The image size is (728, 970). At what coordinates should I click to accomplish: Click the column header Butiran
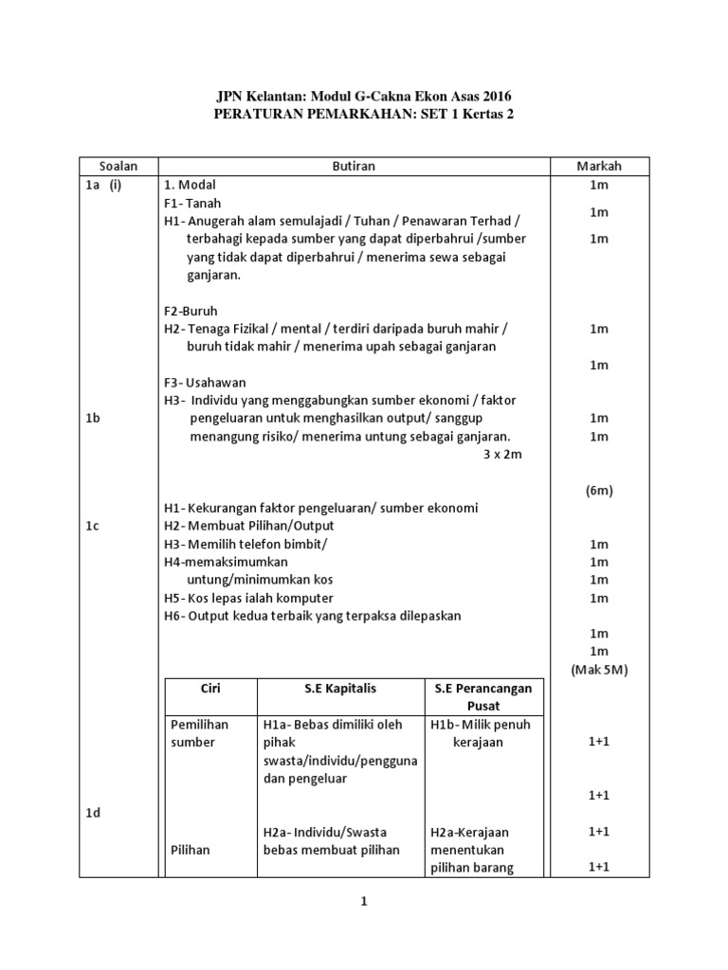(355, 167)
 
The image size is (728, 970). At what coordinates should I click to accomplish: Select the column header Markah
(599, 167)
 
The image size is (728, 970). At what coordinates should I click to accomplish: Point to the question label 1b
(93, 418)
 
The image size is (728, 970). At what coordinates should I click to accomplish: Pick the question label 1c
(93, 526)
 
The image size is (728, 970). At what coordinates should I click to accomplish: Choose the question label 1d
(93, 814)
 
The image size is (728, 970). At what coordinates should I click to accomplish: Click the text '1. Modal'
(191, 186)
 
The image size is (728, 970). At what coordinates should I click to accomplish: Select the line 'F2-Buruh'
(191, 311)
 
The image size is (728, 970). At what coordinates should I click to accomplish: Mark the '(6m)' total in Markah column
(599, 490)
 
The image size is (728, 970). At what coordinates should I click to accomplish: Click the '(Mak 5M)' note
(599, 669)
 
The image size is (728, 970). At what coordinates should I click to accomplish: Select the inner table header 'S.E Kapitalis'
(340, 689)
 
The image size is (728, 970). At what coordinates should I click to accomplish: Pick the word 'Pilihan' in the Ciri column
(191, 850)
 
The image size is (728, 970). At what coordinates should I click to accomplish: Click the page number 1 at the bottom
(363, 903)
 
